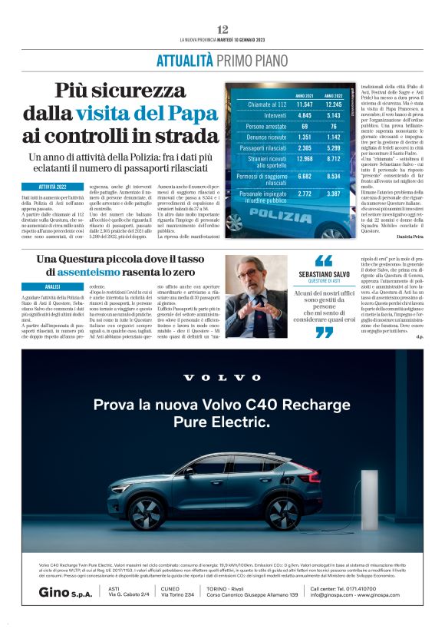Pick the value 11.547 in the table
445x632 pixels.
pos(304,104)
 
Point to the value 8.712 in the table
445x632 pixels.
pos(334,159)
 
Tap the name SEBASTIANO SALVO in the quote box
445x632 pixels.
pos(324,274)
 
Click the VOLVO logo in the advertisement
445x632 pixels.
pos(222,377)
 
